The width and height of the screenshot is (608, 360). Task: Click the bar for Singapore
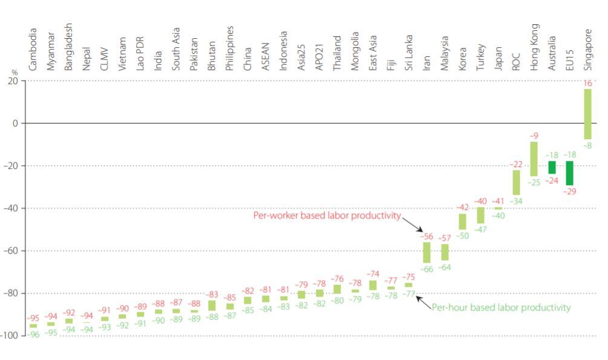(x=587, y=114)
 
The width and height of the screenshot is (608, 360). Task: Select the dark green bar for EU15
(x=569, y=173)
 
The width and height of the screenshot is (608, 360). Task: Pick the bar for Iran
(x=427, y=252)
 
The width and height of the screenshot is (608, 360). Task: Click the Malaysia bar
(x=445, y=252)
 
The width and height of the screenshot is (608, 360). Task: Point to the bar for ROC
(x=516, y=182)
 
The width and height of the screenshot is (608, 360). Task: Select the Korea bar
(x=462, y=221)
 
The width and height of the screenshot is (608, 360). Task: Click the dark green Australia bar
(x=552, y=168)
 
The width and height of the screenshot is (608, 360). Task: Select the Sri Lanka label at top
(x=409, y=52)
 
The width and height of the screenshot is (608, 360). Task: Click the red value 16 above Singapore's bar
(x=588, y=83)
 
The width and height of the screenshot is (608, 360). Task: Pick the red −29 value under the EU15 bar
(x=569, y=192)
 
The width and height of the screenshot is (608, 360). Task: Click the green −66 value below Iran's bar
(x=427, y=269)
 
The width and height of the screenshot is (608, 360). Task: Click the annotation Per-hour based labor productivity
(x=501, y=307)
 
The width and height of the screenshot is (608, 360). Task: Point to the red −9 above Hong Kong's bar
(x=534, y=136)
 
